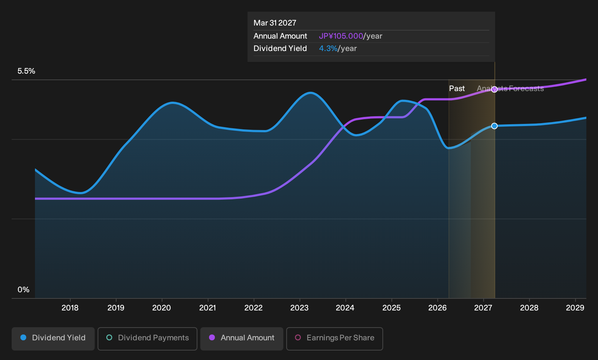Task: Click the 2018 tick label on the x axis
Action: coord(70,308)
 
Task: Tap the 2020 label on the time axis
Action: coord(161,308)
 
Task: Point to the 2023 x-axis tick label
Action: coord(299,308)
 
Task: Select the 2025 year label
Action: coord(392,308)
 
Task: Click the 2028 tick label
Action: coord(529,308)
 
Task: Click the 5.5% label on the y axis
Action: coord(26,71)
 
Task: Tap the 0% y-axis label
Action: coord(23,290)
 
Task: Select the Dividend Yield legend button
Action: coord(53,339)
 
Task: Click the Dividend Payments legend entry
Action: coord(147,339)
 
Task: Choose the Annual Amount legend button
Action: coord(241,339)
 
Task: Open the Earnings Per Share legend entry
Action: coord(334,339)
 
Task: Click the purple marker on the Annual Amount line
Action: coord(495,90)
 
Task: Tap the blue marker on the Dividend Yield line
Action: coord(495,126)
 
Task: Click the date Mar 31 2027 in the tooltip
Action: coord(275,23)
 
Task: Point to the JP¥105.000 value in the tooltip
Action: coord(341,36)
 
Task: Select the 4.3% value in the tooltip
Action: coord(328,48)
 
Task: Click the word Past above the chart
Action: coord(457,89)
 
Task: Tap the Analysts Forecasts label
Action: coord(510,89)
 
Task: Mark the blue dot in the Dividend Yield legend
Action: coord(24,337)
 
